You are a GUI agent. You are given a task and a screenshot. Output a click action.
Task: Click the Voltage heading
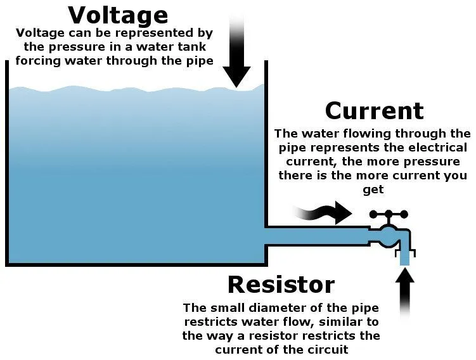tap(118, 15)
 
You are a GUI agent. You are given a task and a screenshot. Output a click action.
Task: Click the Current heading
tap(374, 111)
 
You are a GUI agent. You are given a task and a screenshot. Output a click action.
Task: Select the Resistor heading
tap(281, 284)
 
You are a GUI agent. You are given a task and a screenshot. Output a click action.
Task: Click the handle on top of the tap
tap(389, 215)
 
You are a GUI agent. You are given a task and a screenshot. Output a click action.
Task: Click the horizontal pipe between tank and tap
tap(317, 236)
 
